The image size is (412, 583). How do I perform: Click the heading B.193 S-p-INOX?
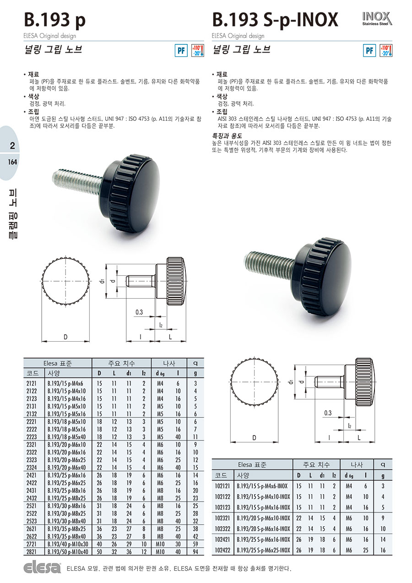(x=275, y=20)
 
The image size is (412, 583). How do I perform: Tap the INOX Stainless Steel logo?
(x=377, y=19)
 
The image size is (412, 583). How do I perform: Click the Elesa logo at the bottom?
(x=42, y=568)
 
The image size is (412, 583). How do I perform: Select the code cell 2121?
(x=32, y=383)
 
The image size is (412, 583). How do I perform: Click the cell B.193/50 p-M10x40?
(x=68, y=551)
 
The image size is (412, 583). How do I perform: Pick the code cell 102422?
(x=222, y=550)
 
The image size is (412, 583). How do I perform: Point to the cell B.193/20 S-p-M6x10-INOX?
(x=263, y=518)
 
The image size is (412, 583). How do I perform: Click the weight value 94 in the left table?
(x=195, y=551)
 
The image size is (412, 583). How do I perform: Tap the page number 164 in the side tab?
(x=12, y=162)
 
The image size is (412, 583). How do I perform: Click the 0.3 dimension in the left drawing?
(x=139, y=312)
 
